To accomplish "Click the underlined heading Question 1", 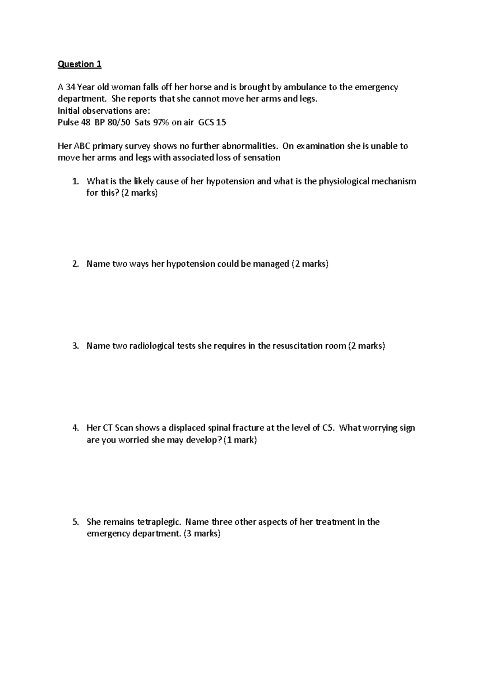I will pos(79,64).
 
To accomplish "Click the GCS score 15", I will pos(221,122).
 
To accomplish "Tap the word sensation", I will pos(262,158).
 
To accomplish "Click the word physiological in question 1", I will pos(343,182).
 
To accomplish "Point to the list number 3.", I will pos(76,346).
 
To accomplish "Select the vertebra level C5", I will pos(328,428).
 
